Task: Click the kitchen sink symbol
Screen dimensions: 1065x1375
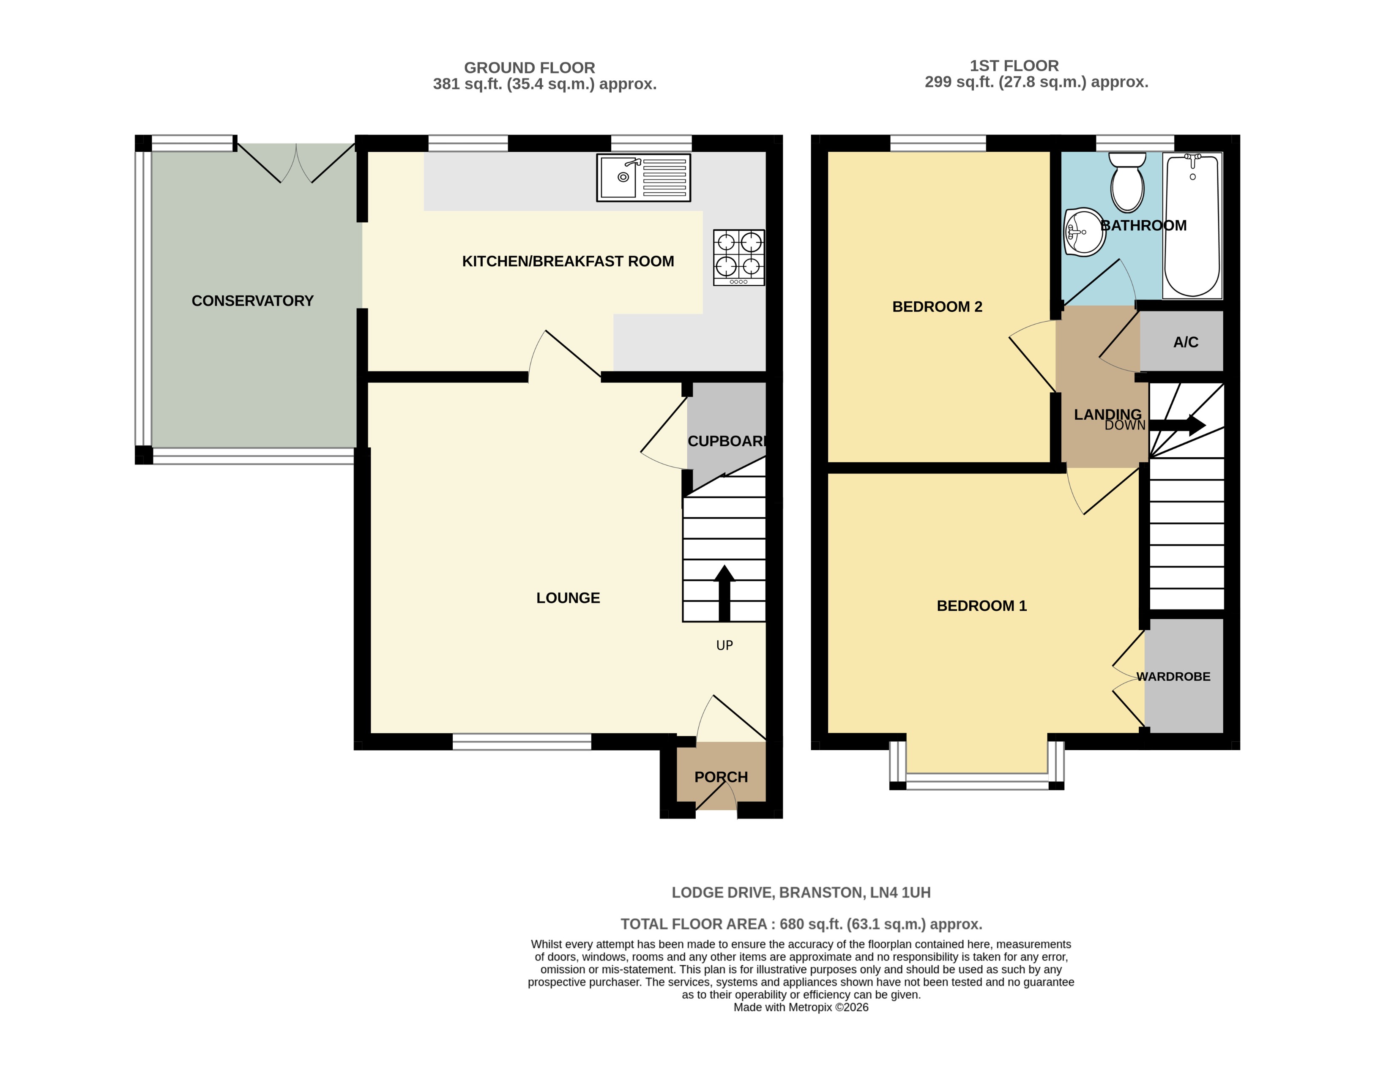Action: pos(643,177)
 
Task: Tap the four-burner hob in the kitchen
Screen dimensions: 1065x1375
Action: pos(738,257)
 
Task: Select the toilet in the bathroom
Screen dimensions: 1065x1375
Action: pos(1127,183)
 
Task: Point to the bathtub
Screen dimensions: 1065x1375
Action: pos(1192,225)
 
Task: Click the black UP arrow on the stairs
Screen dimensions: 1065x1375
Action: pos(724,592)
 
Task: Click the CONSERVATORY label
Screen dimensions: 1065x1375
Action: pos(252,301)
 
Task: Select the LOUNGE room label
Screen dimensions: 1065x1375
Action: pos(568,598)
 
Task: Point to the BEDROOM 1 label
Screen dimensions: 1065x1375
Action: pos(981,606)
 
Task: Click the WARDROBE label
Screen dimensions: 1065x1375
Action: pos(1173,677)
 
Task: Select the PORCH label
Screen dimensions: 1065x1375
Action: pos(721,777)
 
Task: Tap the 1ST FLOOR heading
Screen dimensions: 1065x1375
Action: pos(1014,66)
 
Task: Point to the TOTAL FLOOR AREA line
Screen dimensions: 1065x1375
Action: pos(801,924)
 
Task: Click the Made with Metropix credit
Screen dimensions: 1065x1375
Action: pos(801,1007)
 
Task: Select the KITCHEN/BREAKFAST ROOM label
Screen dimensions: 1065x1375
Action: pos(568,261)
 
